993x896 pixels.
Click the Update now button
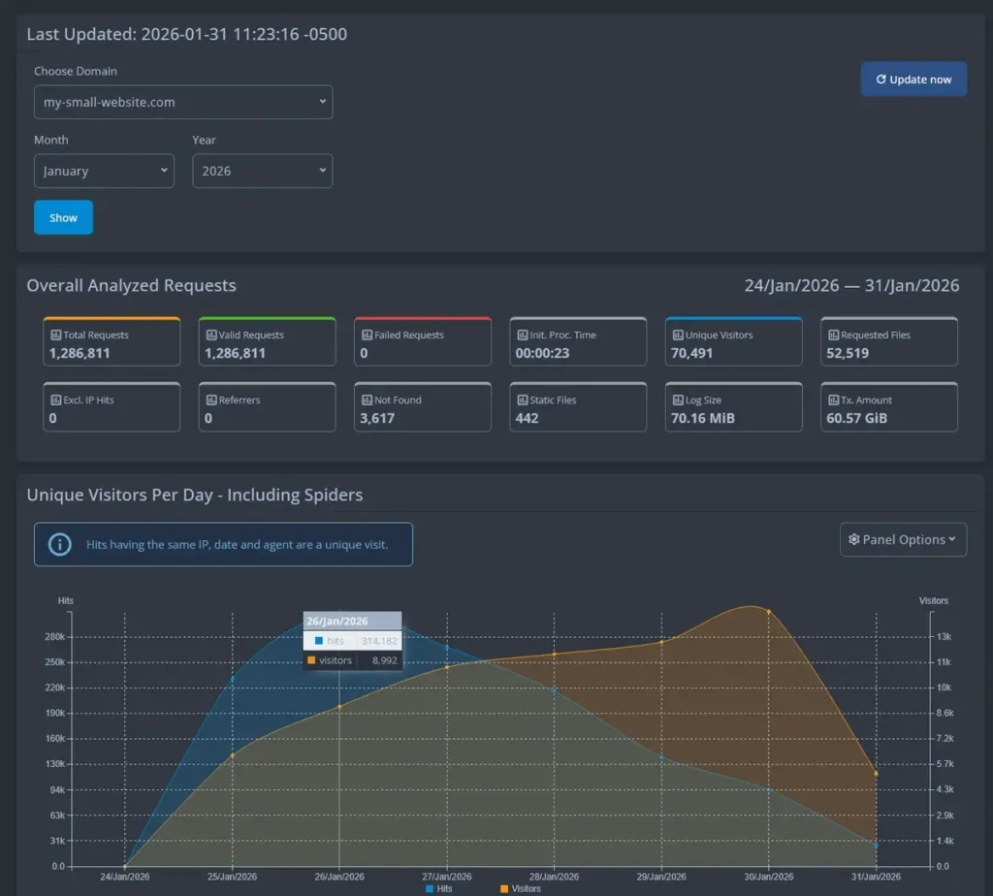point(913,80)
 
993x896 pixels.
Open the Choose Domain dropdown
point(183,102)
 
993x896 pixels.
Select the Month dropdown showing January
point(104,171)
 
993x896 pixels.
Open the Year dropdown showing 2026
point(262,171)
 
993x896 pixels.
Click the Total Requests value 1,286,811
point(80,353)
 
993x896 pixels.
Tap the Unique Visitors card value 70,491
point(691,353)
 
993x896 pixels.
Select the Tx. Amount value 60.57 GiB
point(856,418)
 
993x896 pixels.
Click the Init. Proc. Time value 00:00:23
point(542,353)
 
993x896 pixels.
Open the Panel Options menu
point(903,540)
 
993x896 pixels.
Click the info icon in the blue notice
point(60,544)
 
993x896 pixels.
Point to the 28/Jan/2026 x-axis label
point(554,877)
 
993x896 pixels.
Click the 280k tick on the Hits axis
point(54,637)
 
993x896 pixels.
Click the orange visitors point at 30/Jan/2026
point(769,612)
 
